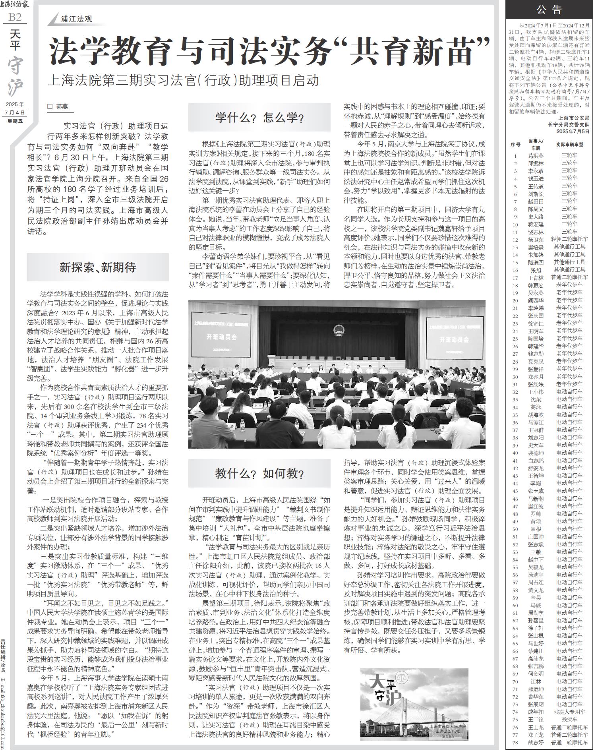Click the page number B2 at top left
[15, 17]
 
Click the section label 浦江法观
[76, 19]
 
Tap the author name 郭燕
[62, 106]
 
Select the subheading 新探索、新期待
[98, 267]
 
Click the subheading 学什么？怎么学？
[259, 117]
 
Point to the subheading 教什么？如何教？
[259, 473]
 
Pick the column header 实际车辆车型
[569, 145]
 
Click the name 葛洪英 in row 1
[536, 156]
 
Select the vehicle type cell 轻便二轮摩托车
[569, 239]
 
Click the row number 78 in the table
[515, 742]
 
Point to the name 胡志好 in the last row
[536, 742]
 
